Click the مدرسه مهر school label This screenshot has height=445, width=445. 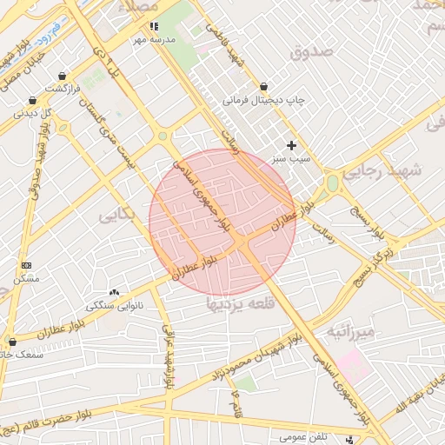tap(154, 40)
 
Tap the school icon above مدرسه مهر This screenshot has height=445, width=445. tap(154, 27)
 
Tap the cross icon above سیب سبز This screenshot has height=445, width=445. tap(291, 145)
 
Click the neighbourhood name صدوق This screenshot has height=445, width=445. tap(313, 51)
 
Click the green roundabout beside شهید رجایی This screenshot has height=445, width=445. tap(331, 183)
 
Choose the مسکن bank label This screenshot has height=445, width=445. tap(26, 279)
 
